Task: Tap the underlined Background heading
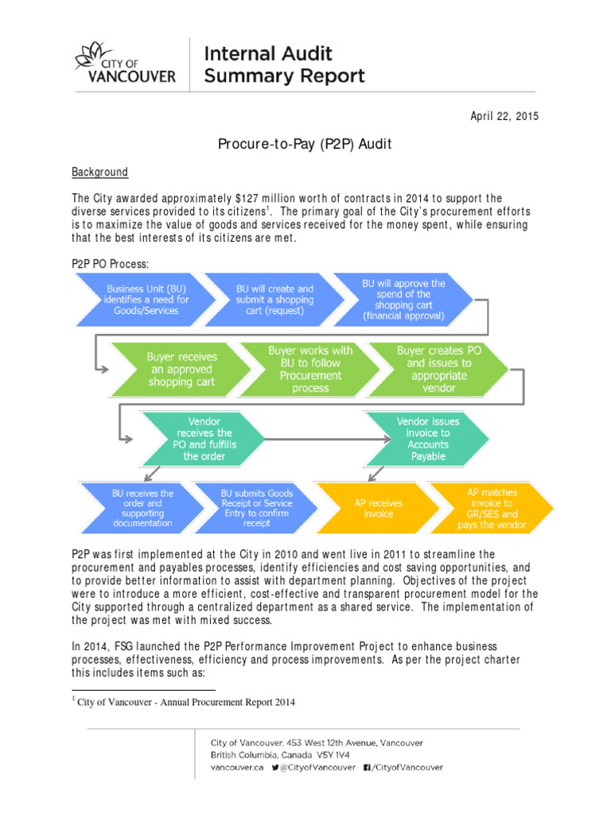(x=99, y=172)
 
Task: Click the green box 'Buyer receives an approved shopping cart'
(x=181, y=369)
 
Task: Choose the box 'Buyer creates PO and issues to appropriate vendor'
(x=438, y=369)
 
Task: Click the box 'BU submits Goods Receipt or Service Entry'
(x=255, y=508)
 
